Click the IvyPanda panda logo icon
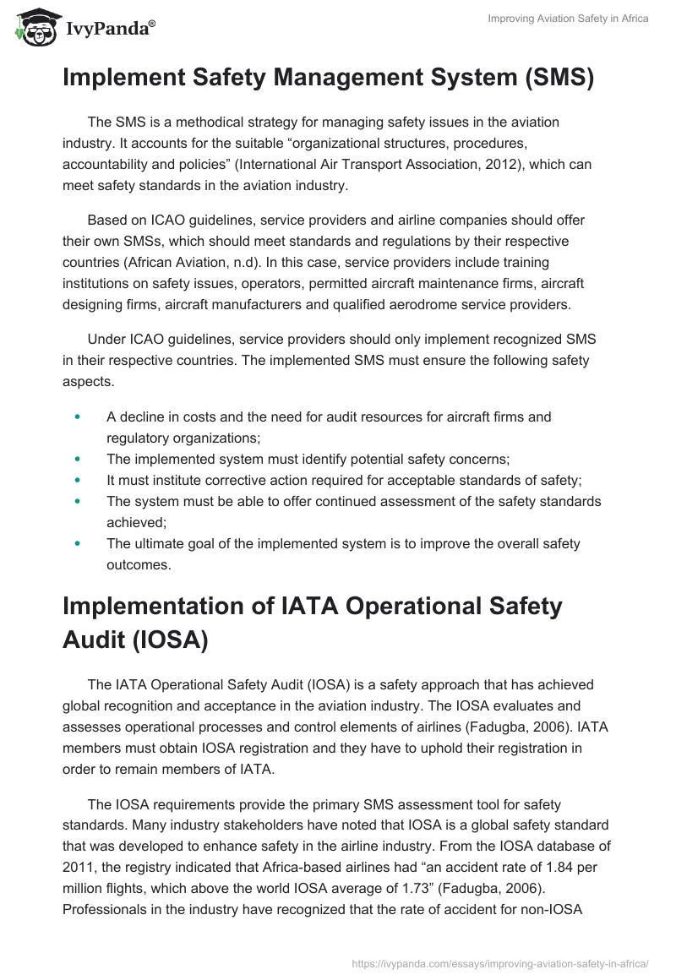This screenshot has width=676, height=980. point(31,25)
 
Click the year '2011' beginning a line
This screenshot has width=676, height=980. point(79,868)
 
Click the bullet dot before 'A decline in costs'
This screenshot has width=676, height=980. point(79,416)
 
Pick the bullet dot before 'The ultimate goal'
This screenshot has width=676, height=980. point(79,543)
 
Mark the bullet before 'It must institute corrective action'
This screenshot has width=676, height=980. point(79,480)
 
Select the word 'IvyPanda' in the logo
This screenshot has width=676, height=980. point(107,29)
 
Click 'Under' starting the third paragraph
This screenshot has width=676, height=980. point(106,339)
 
